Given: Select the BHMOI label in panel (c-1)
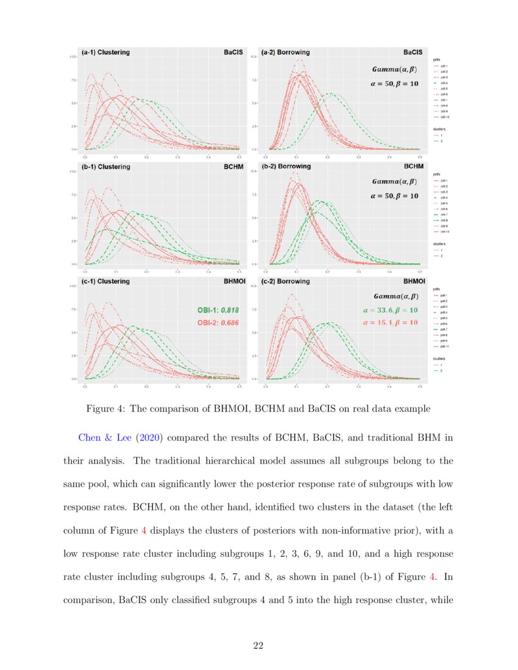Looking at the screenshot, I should click(227, 281).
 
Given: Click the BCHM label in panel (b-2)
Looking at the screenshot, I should click(412, 166).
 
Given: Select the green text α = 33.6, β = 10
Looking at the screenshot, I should click(390, 310).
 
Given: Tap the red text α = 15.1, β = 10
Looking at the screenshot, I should click(390, 322).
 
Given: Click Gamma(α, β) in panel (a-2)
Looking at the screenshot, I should click(395, 70).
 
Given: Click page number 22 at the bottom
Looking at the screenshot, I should click(258, 646).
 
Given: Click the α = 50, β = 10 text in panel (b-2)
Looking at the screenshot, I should click(395, 196).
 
